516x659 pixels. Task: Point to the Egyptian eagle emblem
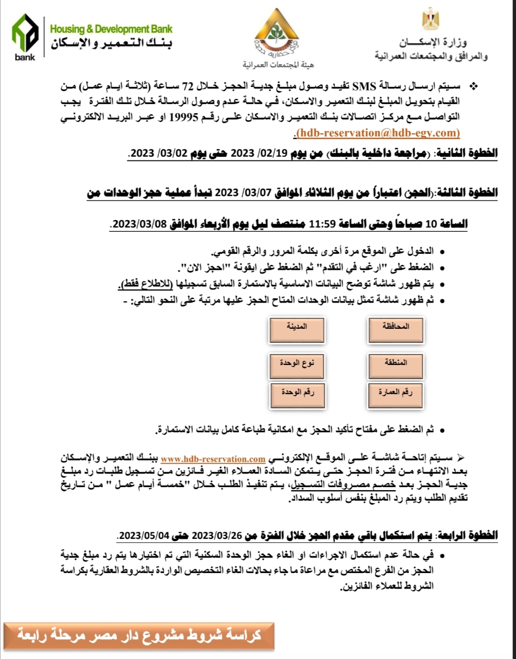click(x=431, y=20)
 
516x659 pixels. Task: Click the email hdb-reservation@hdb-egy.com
click(x=377, y=133)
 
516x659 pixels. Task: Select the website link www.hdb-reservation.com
click(x=213, y=458)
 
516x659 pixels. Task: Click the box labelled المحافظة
click(x=395, y=330)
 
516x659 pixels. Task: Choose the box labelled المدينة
click(x=296, y=330)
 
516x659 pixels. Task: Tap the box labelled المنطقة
click(x=395, y=365)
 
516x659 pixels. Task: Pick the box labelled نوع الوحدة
click(x=296, y=365)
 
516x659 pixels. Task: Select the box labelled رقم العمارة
click(x=395, y=395)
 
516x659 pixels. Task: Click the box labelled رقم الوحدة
click(x=296, y=395)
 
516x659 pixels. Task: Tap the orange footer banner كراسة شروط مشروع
click(x=139, y=634)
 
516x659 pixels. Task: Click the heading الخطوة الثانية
click(x=467, y=153)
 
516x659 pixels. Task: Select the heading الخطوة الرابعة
click(x=468, y=535)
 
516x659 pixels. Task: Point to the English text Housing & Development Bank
click(x=111, y=29)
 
